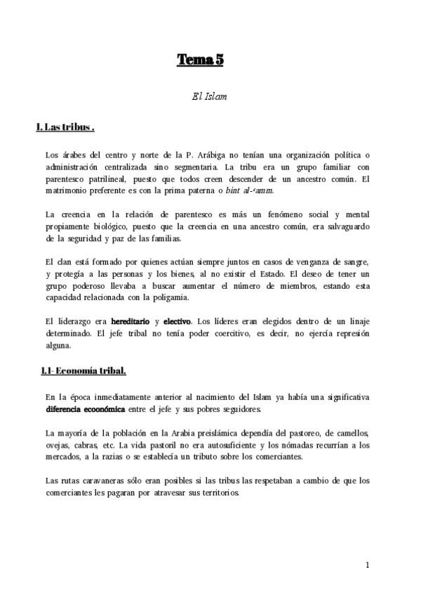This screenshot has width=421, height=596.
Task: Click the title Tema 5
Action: click(199, 60)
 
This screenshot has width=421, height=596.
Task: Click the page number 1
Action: click(367, 565)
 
